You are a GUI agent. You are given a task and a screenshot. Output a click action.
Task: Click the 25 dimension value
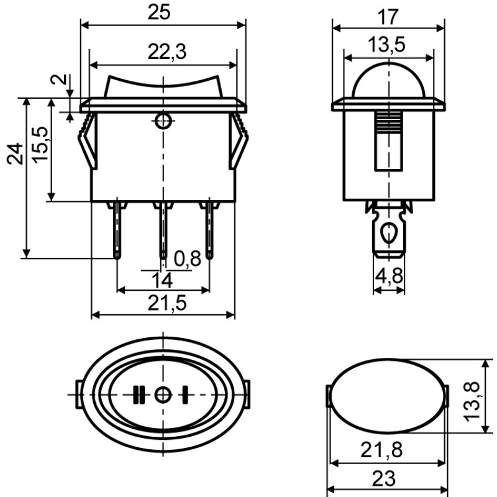click(159, 12)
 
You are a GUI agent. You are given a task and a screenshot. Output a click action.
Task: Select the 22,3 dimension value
click(167, 52)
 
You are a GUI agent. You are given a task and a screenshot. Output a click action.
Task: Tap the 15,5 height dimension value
click(40, 145)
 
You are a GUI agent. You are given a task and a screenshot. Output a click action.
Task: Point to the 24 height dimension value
click(15, 154)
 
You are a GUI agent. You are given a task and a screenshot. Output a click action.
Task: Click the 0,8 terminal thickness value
click(188, 258)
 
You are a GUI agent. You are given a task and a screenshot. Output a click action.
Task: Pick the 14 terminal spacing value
click(162, 281)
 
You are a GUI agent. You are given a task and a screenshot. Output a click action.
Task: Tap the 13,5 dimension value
click(386, 44)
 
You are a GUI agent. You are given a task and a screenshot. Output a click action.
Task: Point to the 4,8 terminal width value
click(389, 275)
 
